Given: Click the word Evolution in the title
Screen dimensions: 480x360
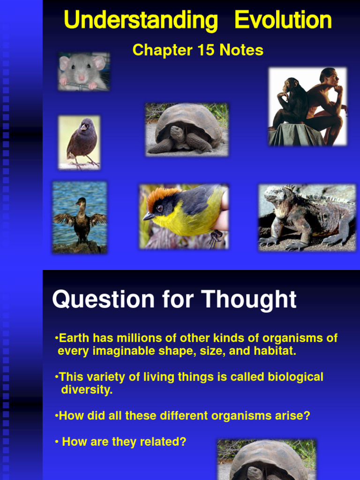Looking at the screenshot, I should tap(283, 21).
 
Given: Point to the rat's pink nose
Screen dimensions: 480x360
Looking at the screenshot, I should tap(82, 77).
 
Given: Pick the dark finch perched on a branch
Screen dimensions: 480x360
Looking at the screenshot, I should tap(81, 141).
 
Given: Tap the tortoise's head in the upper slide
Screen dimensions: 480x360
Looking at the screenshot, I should tap(177, 133).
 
